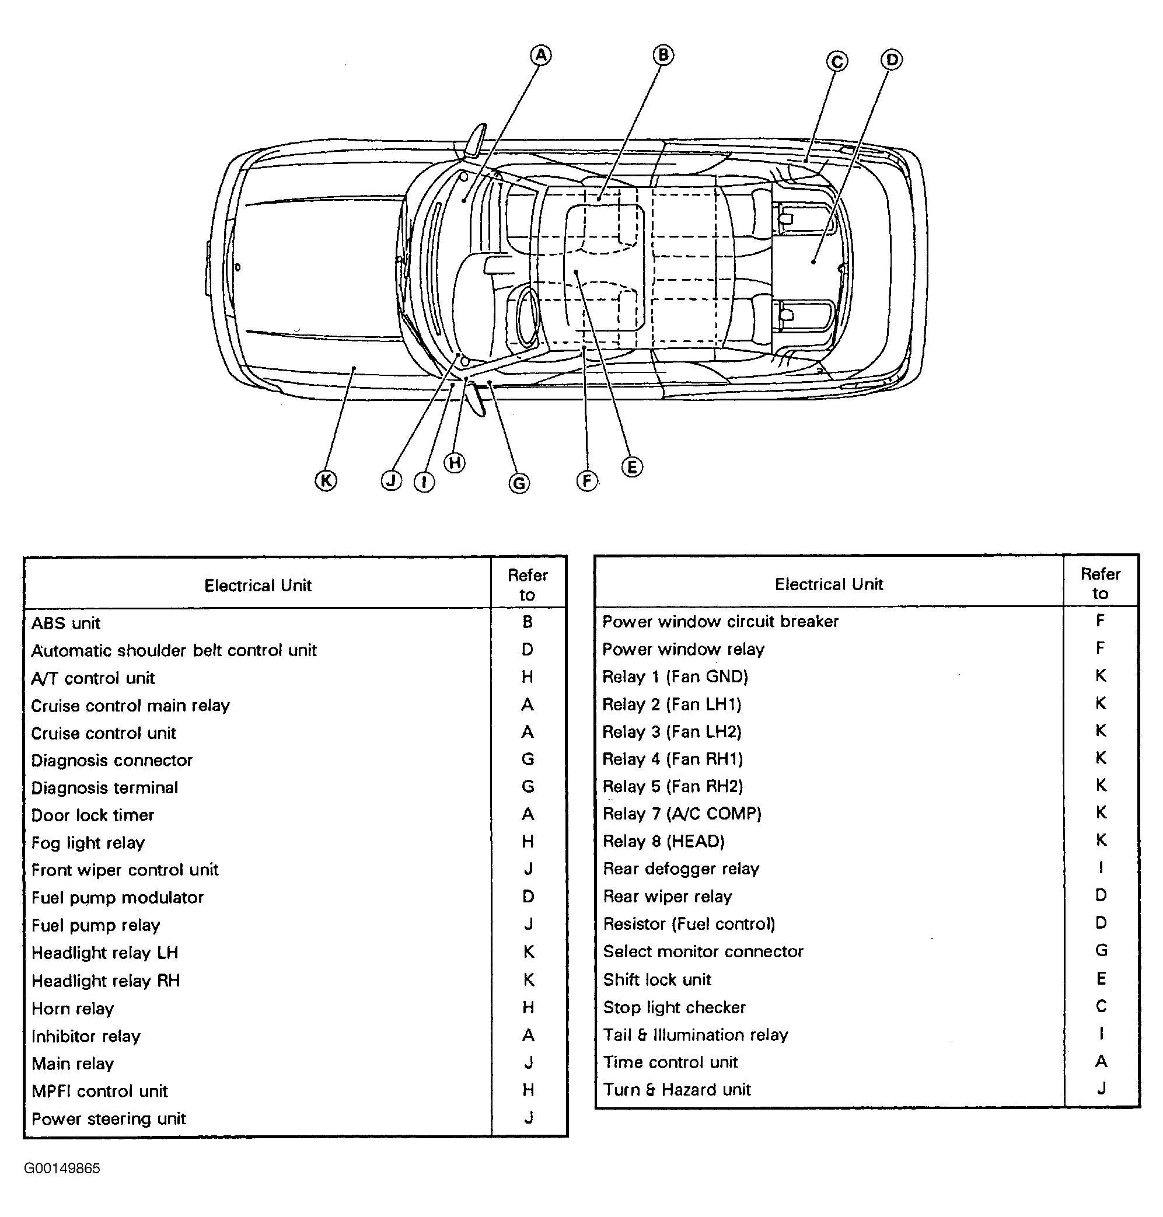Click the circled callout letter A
click(x=540, y=56)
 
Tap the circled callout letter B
click(x=663, y=56)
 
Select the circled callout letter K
click(x=326, y=480)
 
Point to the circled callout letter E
click(x=632, y=467)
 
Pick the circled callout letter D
click(x=892, y=60)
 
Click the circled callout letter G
click(x=519, y=483)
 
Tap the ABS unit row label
click(x=66, y=623)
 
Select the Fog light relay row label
click(x=88, y=842)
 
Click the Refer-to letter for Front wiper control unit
click(x=528, y=869)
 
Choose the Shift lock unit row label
click(x=657, y=979)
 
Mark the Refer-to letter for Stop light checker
click(x=1101, y=1006)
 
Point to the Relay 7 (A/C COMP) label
click(x=682, y=814)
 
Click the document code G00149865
click(x=62, y=1169)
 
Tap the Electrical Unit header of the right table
click(x=829, y=584)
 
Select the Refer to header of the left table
click(x=528, y=585)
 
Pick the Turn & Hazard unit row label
click(x=677, y=1089)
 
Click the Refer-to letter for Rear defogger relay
click(x=1101, y=867)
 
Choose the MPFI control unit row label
click(x=100, y=1091)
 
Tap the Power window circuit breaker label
click(x=720, y=621)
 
